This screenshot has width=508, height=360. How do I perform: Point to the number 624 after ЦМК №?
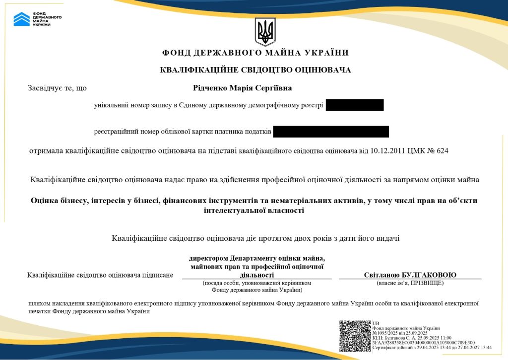click(x=442, y=150)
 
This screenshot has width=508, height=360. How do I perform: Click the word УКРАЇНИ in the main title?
click(x=329, y=53)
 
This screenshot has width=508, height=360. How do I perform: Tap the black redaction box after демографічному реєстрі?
click(x=355, y=105)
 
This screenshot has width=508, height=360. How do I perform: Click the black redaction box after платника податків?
click(x=330, y=132)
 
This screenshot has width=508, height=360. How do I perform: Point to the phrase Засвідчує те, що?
click(x=58, y=88)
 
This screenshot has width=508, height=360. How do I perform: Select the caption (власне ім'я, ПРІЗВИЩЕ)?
click(x=410, y=283)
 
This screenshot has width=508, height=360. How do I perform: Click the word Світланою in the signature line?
click(x=382, y=275)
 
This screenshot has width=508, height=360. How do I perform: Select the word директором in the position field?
click(x=209, y=258)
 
